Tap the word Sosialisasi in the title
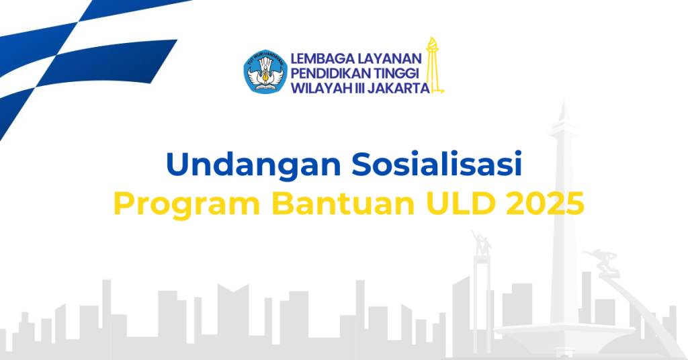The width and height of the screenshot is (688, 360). point(437,164)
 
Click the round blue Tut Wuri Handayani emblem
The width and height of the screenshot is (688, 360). point(265,71)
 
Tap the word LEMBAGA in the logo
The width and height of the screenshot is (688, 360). point(322,58)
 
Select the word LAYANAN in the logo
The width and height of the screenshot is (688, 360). point(390,58)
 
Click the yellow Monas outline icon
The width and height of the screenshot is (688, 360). point(433,66)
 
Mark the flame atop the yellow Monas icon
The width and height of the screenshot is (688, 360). point(433,44)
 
